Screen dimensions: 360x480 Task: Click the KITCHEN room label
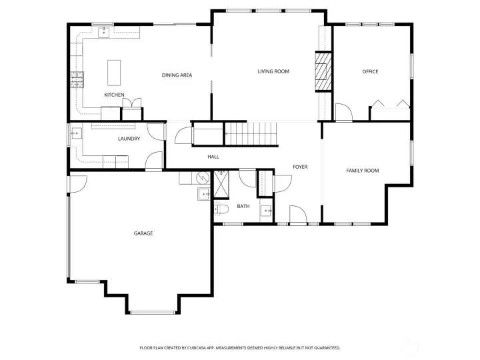click(114, 95)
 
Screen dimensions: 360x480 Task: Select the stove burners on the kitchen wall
click(76, 80)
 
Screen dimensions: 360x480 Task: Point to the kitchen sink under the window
click(104, 31)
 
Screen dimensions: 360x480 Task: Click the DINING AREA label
click(177, 75)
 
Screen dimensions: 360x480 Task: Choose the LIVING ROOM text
click(273, 71)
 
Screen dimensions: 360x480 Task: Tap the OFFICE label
click(370, 71)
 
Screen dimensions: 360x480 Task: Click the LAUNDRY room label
click(129, 139)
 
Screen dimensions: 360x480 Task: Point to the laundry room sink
click(75, 133)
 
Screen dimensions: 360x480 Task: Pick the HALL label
click(213, 157)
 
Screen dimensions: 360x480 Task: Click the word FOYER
click(300, 167)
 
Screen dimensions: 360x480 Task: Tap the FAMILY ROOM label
click(362, 171)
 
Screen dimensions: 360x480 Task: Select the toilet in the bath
click(221, 210)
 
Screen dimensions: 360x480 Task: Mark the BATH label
click(243, 207)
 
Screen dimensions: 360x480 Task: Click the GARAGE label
click(143, 233)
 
